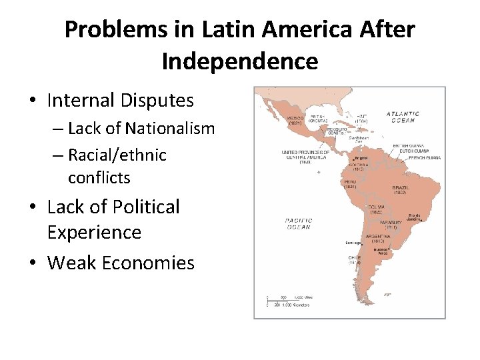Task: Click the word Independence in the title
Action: coord(239,61)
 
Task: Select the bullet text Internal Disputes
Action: coord(121,101)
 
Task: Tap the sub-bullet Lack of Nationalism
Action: coord(141,128)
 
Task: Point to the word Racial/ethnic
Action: coord(117,155)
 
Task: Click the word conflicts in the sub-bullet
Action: coord(99,178)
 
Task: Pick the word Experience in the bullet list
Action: coord(95,233)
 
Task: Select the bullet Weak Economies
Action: coord(121,263)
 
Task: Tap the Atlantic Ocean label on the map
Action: coord(403,117)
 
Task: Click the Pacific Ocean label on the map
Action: coord(298,223)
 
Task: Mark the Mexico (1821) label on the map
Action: coord(295,120)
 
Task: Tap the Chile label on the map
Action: coord(354,260)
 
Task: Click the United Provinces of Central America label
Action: coord(306,157)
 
